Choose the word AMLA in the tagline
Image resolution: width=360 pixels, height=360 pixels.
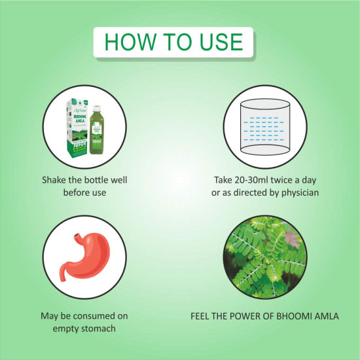[325, 315]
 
